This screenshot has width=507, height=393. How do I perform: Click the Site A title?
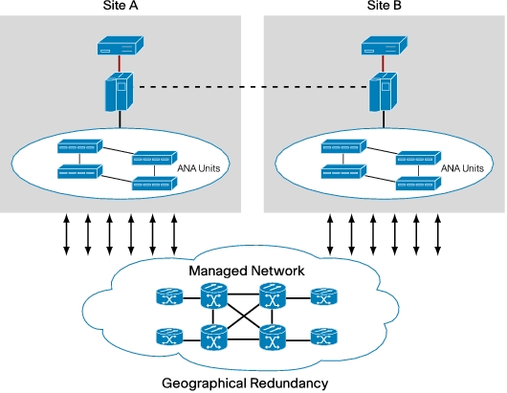[121, 6]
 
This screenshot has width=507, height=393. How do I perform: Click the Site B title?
[385, 6]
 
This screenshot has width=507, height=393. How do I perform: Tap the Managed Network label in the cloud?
[247, 271]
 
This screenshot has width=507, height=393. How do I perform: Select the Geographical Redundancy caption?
[245, 383]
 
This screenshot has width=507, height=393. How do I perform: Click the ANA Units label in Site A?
[199, 168]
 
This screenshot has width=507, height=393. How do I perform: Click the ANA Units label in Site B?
[462, 168]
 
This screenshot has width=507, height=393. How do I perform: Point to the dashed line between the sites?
[253, 87]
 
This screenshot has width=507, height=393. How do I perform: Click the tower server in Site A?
[119, 92]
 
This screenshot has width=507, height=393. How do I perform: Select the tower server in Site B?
[384, 92]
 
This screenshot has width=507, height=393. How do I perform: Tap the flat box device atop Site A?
[121, 45]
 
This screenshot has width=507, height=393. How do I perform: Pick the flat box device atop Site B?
[385, 45]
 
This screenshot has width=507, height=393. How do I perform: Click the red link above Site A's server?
[120, 64]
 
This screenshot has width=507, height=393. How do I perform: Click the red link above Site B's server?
[384, 64]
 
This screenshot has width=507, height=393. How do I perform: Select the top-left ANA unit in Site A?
[79, 146]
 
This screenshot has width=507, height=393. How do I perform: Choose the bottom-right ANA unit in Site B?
[418, 184]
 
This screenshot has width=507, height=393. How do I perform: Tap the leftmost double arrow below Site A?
[66, 234]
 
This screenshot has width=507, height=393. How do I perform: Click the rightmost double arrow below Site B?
[438, 234]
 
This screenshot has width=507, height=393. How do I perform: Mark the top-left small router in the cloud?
[169, 296]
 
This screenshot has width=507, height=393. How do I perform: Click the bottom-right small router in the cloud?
[324, 337]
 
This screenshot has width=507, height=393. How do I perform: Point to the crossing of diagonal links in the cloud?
[243, 317]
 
